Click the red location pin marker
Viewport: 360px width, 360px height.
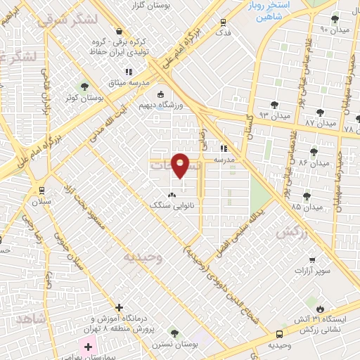pyautogui.click(x=181, y=165)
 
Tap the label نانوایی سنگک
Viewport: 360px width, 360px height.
pyautogui.click(x=168, y=206)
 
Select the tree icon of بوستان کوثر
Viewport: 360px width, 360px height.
pyautogui.click(x=85, y=87)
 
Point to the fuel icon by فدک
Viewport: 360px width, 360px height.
pyautogui.click(x=224, y=22)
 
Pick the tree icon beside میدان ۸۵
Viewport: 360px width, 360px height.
pyautogui.click(x=307, y=196)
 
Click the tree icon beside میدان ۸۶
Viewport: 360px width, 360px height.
pyautogui.click(x=314, y=151)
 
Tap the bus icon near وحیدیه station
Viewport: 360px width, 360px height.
pyautogui.click(x=281, y=334)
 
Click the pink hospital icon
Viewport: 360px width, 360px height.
pyautogui.click(x=89, y=345)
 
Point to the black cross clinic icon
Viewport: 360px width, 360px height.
pyautogui.click(x=119, y=308)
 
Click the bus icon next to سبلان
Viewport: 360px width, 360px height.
pyautogui.click(x=41, y=189)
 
